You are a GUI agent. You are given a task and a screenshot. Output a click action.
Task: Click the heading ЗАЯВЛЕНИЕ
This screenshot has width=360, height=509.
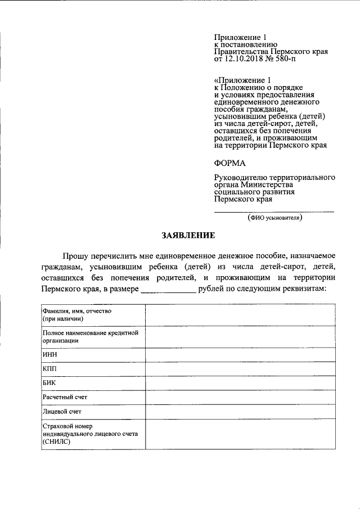click(x=187, y=235)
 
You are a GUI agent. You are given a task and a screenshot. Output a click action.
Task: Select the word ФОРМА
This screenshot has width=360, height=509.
click(x=230, y=163)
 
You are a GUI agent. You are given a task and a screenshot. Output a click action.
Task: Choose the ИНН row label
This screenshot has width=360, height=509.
click(x=49, y=355)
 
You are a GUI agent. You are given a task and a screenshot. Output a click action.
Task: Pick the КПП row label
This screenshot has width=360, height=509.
click(x=49, y=369)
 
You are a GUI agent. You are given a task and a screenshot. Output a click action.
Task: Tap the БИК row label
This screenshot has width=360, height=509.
click(x=49, y=383)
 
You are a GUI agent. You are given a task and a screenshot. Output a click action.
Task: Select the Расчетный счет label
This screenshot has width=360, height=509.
click(x=65, y=398)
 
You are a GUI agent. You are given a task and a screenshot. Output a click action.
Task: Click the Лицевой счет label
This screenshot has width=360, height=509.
click(x=61, y=412)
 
